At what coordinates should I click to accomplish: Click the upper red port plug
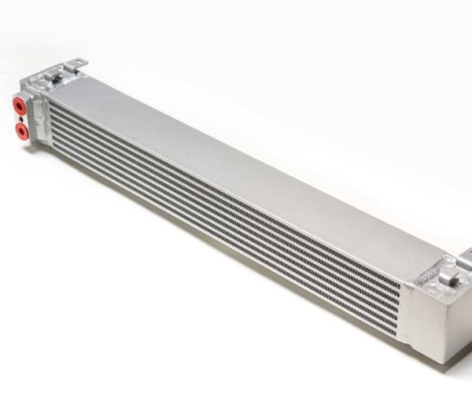click(19, 105)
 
